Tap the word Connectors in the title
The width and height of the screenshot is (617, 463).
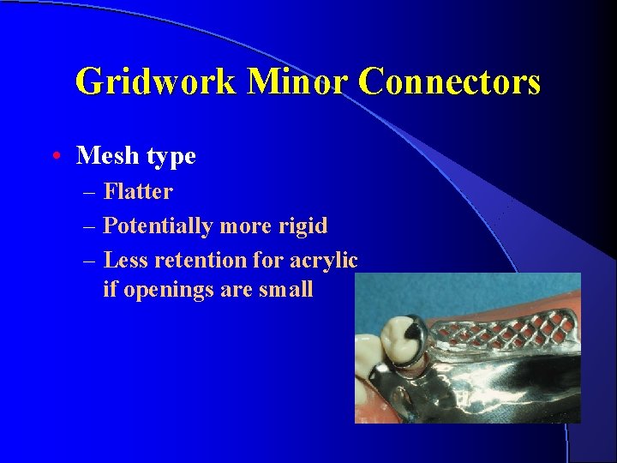coord(449,82)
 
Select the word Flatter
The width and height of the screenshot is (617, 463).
coord(137,191)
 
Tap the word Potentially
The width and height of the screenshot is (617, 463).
coord(158,225)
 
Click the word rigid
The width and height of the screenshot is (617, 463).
coord(303,225)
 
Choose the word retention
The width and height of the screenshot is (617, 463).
coord(199,259)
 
